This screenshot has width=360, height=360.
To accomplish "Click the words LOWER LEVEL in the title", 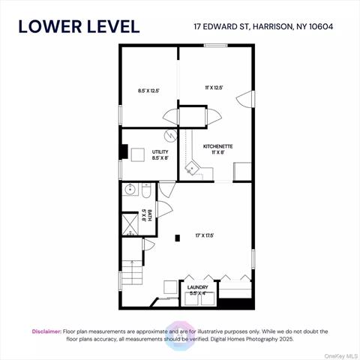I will click(x=79, y=26).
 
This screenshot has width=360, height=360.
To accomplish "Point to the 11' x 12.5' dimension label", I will click(x=214, y=87).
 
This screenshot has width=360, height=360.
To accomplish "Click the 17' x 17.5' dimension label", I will click(x=204, y=235).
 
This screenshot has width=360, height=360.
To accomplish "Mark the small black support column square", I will click(x=177, y=239).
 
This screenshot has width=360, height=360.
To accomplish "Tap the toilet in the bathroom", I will click(x=147, y=192).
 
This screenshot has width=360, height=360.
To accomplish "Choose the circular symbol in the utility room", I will click(x=169, y=138).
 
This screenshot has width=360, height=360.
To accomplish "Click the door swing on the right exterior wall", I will click(x=244, y=99).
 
